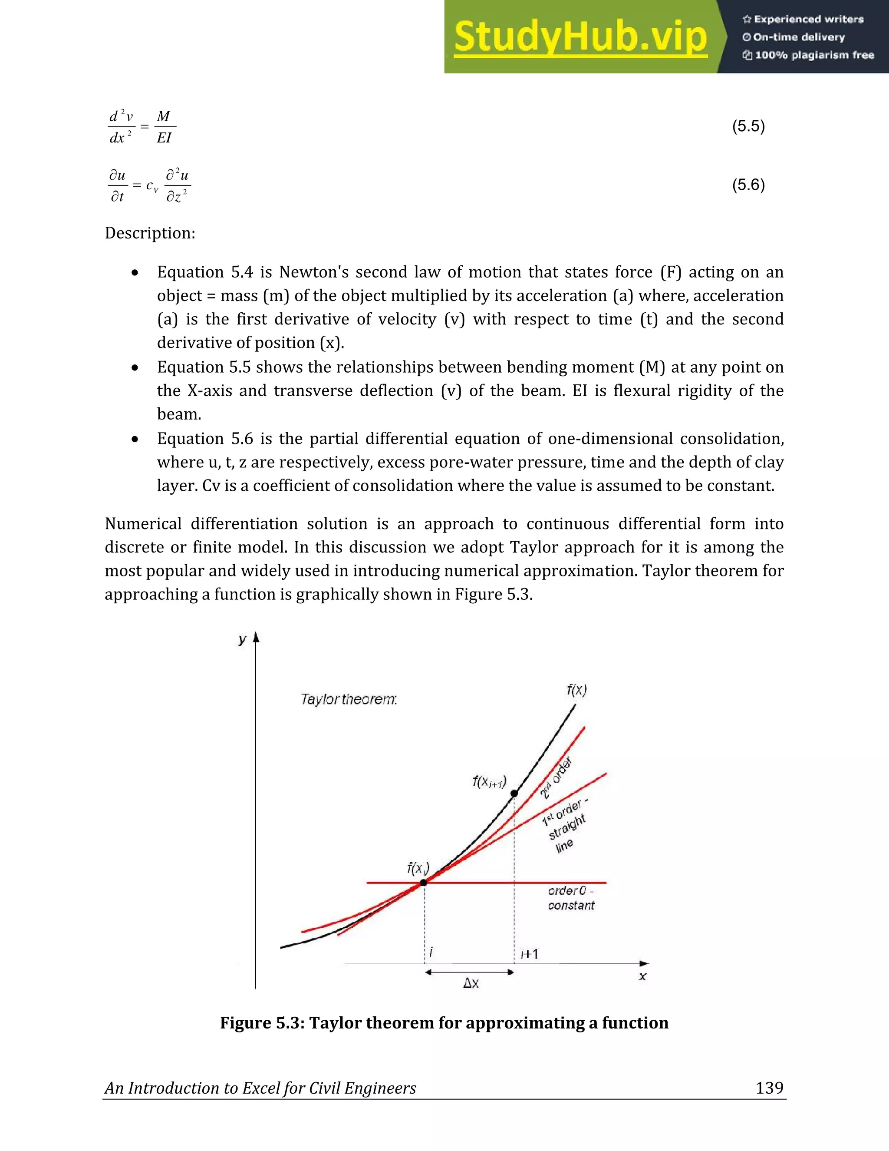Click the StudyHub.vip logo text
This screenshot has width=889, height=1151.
point(580,37)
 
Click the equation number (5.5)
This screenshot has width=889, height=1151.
point(748,126)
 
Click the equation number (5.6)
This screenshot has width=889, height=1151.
point(748,185)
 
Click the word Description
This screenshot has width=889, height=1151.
point(150,233)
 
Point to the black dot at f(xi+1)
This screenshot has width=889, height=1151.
point(514,793)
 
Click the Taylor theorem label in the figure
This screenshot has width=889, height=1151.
point(349,699)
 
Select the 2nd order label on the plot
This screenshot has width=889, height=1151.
point(556,778)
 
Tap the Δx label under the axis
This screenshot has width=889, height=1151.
point(471,983)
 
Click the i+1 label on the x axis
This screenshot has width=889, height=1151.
point(529,954)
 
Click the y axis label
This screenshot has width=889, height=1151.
point(242,640)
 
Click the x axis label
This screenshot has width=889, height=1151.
point(642,976)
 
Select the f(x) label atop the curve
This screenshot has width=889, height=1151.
point(577,690)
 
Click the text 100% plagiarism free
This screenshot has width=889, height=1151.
point(814,55)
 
